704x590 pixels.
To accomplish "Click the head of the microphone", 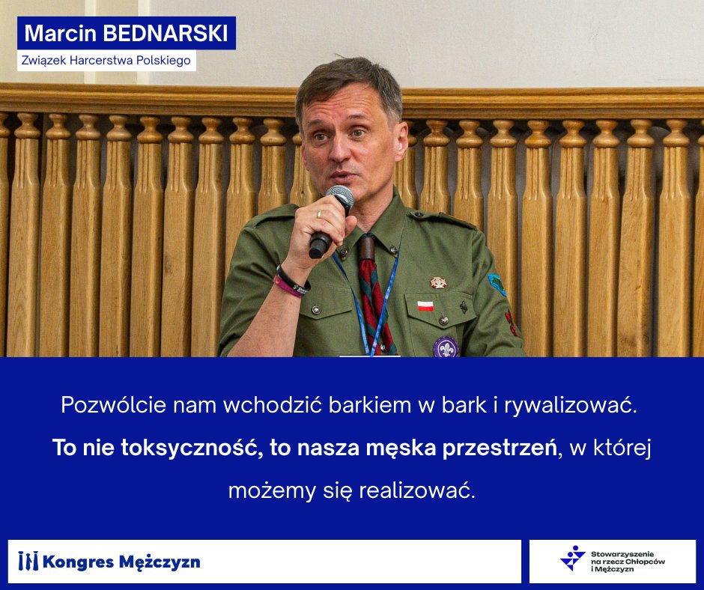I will [340, 198].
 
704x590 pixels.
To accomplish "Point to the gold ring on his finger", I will [318, 214].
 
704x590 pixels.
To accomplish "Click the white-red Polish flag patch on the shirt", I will [425, 305].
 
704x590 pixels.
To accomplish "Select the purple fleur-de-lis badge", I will [446, 347].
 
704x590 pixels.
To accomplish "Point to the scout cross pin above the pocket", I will [438, 282].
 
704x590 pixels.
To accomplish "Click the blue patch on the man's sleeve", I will [497, 284].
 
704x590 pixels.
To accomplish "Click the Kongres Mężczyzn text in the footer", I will [122, 562].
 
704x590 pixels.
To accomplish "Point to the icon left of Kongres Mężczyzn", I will [28, 561].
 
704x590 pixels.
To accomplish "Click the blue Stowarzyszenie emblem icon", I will [573, 558].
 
